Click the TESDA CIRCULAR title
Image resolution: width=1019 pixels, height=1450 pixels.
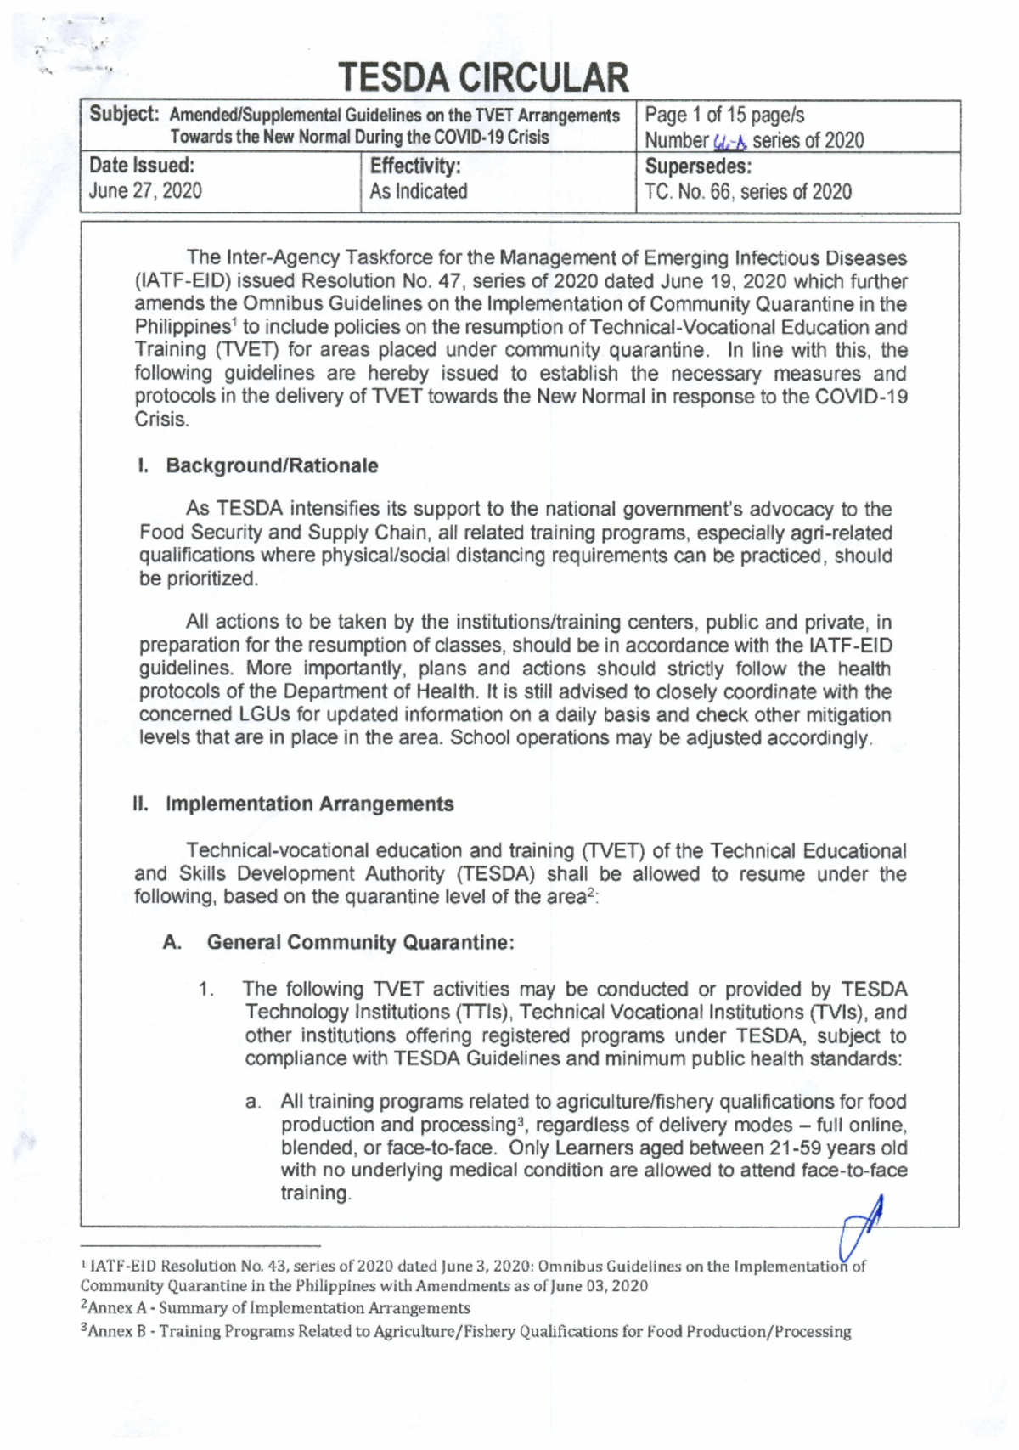pyautogui.click(x=484, y=77)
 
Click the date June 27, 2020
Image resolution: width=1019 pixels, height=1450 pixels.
pyautogui.click(x=145, y=190)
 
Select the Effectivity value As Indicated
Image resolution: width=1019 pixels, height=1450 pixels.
pyautogui.click(x=418, y=191)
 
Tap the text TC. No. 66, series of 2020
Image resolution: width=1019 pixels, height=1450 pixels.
pyautogui.click(x=747, y=191)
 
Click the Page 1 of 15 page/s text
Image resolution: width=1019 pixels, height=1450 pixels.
pyautogui.click(x=724, y=116)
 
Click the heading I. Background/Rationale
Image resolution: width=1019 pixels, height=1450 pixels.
pyautogui.click(x=258, y=465)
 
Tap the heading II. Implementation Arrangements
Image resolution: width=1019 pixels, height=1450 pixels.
pyautogui.click(x=293, y=804)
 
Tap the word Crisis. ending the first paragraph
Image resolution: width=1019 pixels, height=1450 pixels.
pyautogui.click(x=161, y=420)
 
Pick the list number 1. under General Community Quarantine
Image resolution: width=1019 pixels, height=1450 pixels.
pyautogui.click(x=205, y=990)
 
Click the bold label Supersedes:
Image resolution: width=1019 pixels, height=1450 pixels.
pyautogui.click(x=698, y=166)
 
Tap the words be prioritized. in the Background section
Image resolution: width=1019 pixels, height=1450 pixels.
pyautogui.click(x=198, y=579)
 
